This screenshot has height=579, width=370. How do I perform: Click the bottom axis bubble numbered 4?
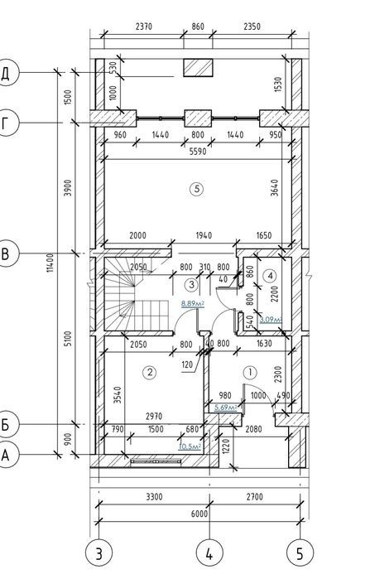[x=209, y=553]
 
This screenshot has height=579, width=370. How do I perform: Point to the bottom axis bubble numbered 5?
[x=300, y=553]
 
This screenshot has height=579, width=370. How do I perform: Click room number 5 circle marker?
[x=197, y=189]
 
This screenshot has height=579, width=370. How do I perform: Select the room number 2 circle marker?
[x=149, y=372]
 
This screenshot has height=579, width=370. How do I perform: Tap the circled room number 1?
[x=251, y=372]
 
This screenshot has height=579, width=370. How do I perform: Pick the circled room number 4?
[x=271, y=276]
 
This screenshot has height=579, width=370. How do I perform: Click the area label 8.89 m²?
[x=193, y=303]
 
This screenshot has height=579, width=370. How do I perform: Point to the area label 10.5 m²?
[x=190, y=446]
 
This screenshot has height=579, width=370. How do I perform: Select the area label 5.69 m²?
[x=225, y=408]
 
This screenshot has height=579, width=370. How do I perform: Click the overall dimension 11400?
[x=50, y=263]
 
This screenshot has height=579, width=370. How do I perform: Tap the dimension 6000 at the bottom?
[x=199, y=514]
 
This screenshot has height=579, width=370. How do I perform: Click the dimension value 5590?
[x=198, y=152]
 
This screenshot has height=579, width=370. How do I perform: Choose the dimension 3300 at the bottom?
[x=154, y=497]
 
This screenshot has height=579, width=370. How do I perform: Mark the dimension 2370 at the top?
[x=144, y=27]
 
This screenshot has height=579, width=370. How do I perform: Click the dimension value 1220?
[x=226, y=446]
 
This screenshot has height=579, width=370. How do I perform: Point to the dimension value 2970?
[x=154, y=417]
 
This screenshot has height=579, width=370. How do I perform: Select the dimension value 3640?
[x=275, y=187]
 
